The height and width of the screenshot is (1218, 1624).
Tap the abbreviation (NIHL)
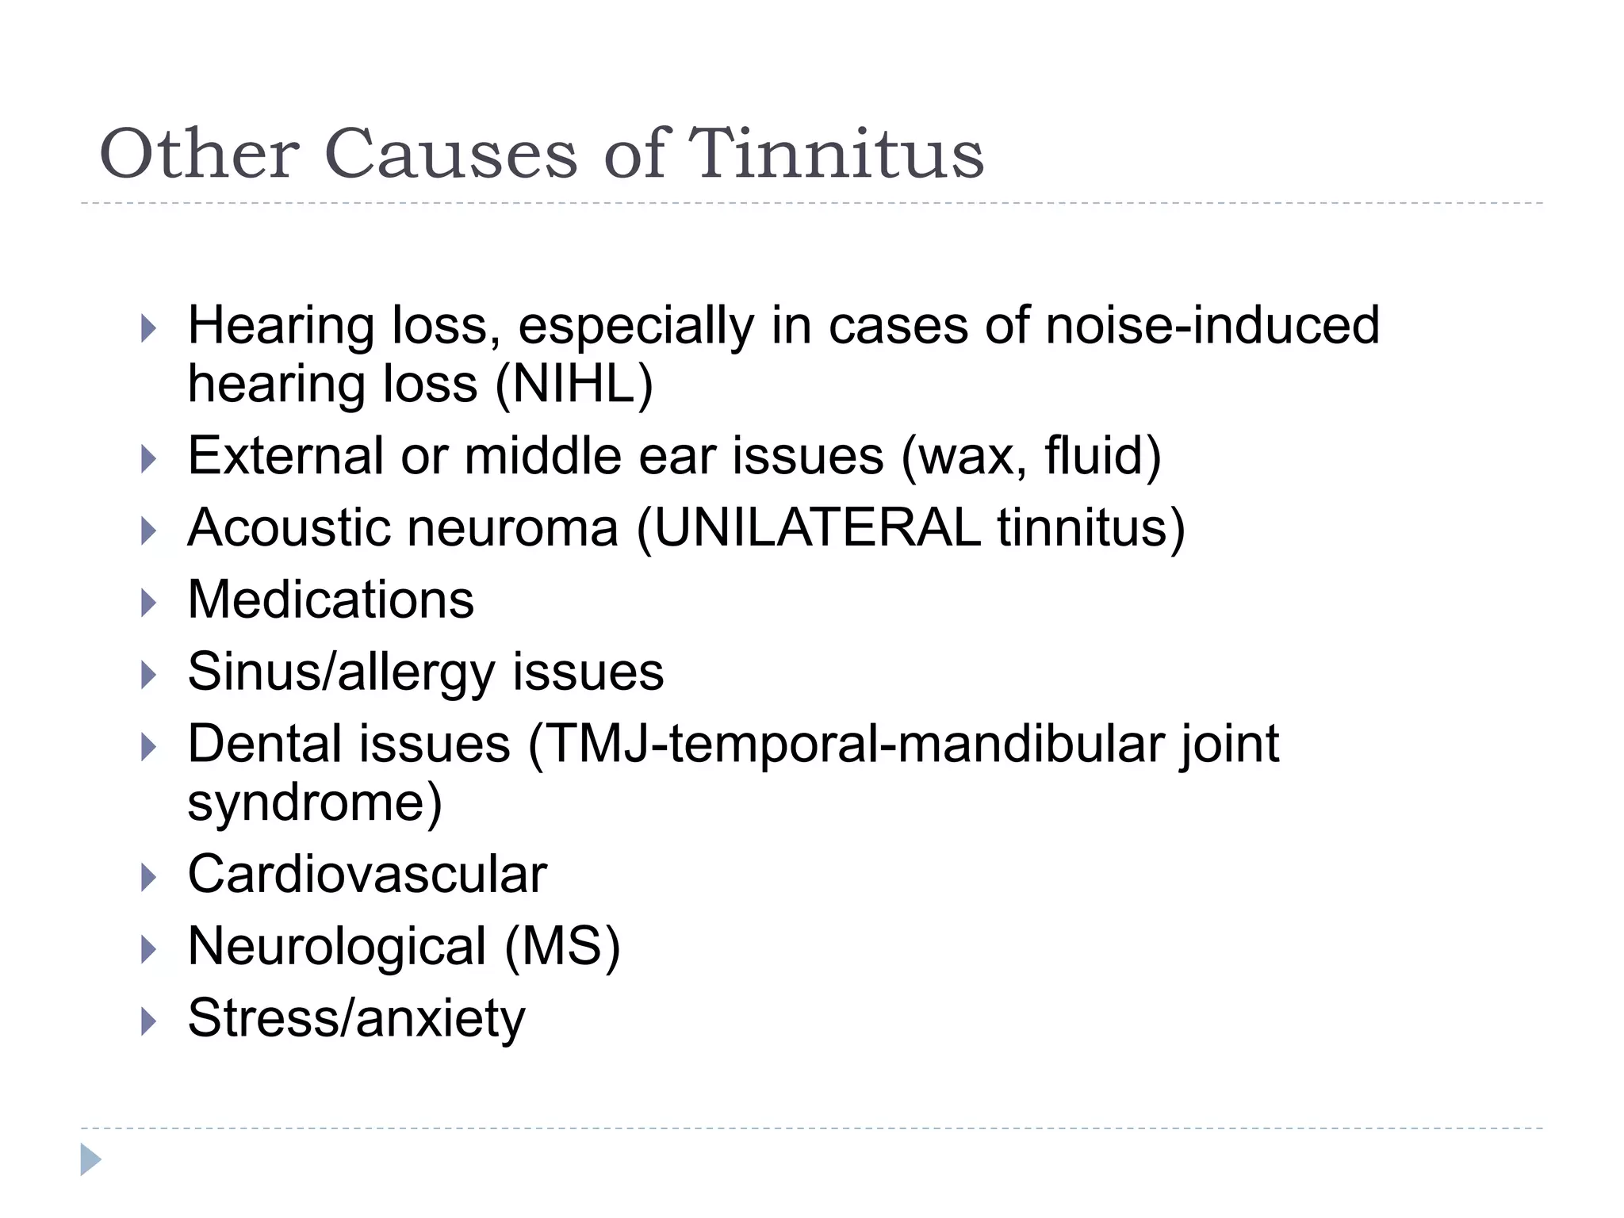[x=574, y=385]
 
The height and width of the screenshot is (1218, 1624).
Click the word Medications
[x=331, y=599]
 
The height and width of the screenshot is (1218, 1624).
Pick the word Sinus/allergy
[x=340, y=672]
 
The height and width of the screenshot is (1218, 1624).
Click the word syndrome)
[x=315, y=802]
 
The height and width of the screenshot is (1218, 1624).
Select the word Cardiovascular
[x=367, y=875]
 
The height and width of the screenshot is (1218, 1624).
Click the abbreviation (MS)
[x=562, y=947]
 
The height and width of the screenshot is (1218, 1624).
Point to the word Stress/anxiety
[x=356, y=1019]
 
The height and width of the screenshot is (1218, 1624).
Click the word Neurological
[x=337, y=947]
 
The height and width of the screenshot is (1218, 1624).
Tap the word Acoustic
[x=289, y=528]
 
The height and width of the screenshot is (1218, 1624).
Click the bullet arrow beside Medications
[x=148, y=603]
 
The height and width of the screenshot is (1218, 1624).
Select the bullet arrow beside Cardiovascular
[x=148, y=878]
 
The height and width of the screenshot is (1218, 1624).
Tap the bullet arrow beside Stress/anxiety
[x=148, y=1021]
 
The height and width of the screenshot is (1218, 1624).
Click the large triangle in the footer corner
[x=90, y=1159]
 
